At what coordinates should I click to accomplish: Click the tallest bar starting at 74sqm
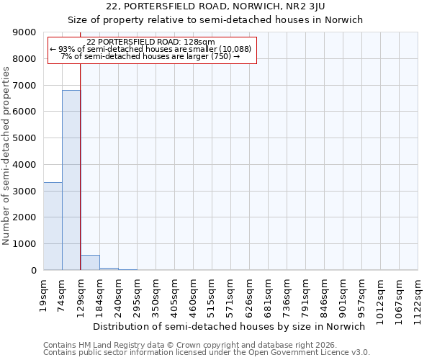pyautogui.click(x=71, y=180)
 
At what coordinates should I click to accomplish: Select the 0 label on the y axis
pyautogui.click(x=33, y=270)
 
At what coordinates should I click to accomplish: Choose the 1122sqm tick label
pyautogui.click(x=418, y=296)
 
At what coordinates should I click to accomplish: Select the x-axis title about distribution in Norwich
pyautogui.click(x=230, y=326)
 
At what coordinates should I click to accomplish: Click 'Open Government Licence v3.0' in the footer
pyautogui.click(x=311, y=353)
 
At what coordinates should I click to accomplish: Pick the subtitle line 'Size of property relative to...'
pyautogui.click(x=215, y=19)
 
